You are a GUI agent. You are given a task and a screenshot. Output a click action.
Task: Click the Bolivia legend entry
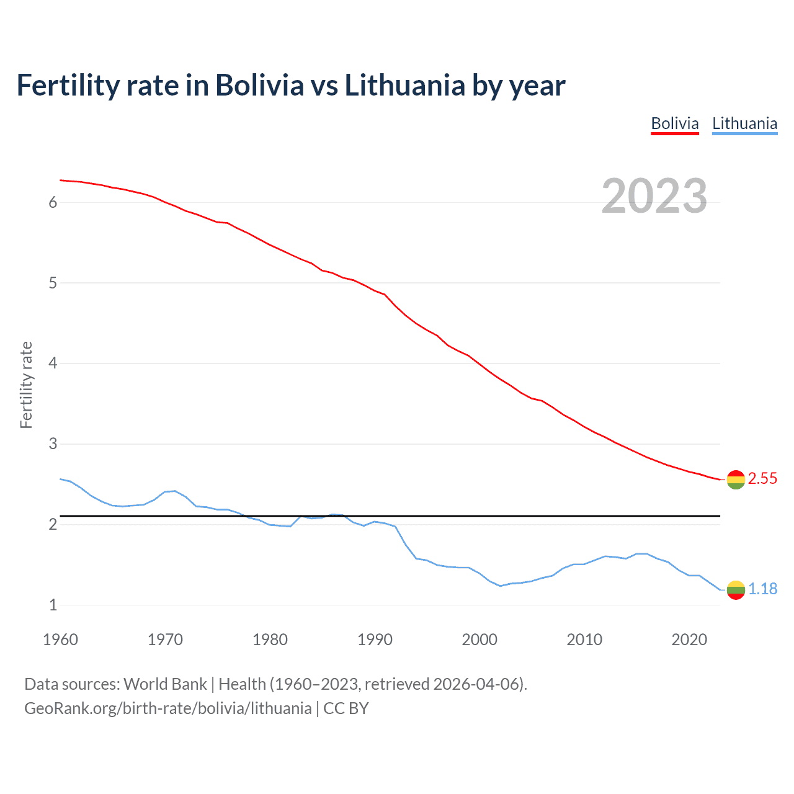(x=675, y=123)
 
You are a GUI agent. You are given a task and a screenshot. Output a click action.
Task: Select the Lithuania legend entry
(x=744, y=123)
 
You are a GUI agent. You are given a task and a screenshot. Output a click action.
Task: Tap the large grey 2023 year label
(x=654, y=196)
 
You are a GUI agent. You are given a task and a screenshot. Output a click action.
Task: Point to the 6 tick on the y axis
(x=53, y=202)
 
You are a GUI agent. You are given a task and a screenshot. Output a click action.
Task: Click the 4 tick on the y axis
(x=53, y=363)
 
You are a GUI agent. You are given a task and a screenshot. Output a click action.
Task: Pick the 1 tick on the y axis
(x=53, y=605)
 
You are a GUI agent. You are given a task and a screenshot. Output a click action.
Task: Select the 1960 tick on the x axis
(x=60, y=640)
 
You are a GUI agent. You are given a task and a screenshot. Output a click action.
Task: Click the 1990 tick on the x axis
(x=375, y=640)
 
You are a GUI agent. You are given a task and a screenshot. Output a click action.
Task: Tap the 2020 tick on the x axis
(x=689, y=640)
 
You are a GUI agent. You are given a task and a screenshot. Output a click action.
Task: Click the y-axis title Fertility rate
(x=26, y=385)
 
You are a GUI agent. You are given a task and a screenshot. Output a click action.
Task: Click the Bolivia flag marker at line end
(x=736, y=480)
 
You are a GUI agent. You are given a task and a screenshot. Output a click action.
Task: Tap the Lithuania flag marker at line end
(x=736, y=590)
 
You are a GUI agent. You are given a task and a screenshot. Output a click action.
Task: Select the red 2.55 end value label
(x=762, y=478)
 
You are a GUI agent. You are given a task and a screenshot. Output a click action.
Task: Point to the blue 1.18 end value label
(x=762, y=589)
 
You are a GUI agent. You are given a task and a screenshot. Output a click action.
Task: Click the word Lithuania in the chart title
(x=404, y=85)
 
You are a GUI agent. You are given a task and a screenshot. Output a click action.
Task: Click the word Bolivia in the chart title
(x=260, y=85)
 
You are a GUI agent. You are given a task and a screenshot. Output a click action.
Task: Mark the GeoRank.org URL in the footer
(x=167, y=708)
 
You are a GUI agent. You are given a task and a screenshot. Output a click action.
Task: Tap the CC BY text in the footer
(x=346, y=708)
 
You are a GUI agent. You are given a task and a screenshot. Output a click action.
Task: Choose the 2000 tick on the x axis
(x=480, y=640)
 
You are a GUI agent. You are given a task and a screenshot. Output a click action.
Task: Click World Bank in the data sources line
(x=165, y=684)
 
